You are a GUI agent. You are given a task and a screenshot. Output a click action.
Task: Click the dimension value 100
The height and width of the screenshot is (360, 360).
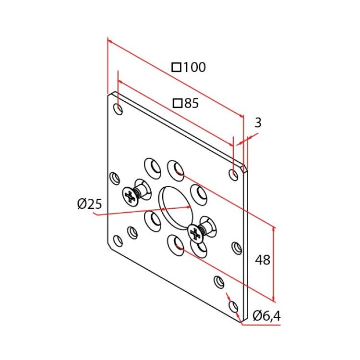point(194,67)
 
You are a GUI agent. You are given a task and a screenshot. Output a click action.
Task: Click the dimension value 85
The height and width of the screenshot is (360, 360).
point(192,103)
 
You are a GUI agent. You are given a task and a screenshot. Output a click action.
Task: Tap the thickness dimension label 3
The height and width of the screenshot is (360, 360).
point(258,122)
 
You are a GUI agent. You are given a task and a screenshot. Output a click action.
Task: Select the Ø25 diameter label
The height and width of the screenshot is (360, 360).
point(90,204)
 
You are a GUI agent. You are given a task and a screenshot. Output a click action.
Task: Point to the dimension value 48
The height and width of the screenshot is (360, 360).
point(263,260)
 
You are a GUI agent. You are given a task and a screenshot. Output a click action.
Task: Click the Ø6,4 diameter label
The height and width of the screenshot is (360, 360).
point(266,316)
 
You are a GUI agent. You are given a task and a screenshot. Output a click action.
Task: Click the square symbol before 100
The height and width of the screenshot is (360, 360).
point(176,68)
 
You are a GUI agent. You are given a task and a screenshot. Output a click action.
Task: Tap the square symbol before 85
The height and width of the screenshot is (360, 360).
point(178,104)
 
